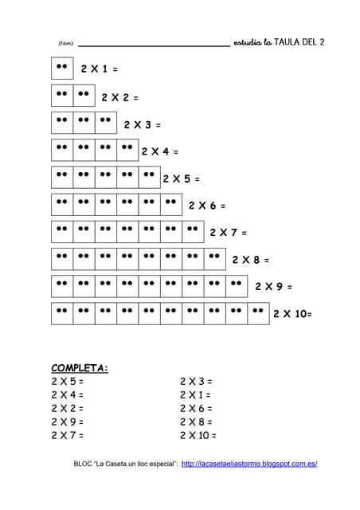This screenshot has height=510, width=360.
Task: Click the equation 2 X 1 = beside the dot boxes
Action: (99, 69)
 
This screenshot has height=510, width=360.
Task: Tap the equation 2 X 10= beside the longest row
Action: (292, 314)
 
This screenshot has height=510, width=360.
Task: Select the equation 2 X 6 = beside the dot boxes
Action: (207, 206)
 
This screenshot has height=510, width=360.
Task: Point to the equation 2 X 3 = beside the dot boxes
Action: (142, 125)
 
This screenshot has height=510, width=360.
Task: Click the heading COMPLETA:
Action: (80, 367)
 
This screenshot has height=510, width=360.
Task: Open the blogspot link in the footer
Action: (249, 464)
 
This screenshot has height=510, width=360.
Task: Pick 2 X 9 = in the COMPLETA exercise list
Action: (67, 422)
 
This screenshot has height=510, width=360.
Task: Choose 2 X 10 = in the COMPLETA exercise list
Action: (198, 435)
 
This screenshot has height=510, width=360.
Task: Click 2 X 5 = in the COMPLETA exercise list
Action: (67, 381)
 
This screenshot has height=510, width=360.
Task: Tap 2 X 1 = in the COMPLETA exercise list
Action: (195, 394)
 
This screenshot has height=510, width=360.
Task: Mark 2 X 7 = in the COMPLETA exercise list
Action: (67, 435)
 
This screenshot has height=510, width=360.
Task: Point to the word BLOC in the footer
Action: (83, 464)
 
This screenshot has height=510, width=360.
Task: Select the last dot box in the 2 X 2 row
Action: (84, 96)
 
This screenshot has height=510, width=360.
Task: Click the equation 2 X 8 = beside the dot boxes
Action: (251, 260)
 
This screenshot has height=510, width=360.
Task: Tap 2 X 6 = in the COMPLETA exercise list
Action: (195, 408)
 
